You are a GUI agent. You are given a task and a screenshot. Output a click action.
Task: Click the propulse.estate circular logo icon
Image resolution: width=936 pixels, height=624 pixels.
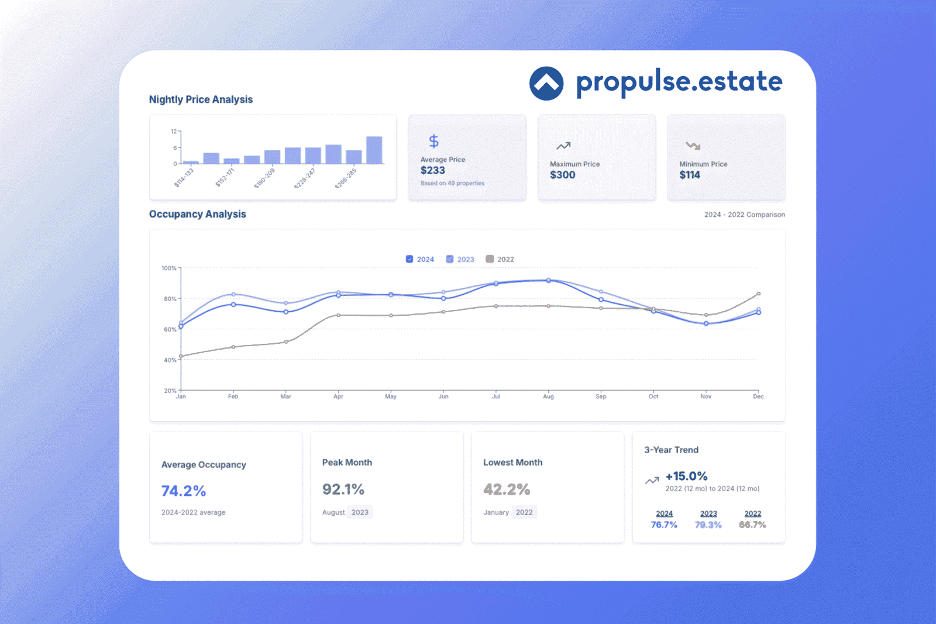(546, 83)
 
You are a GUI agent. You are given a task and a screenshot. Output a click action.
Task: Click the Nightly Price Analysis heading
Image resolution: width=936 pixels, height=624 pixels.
(201, 99)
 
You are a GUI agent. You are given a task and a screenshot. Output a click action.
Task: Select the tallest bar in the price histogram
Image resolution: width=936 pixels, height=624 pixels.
(374, 150)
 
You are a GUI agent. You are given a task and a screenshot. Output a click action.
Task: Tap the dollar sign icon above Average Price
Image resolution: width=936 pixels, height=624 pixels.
(433, 141)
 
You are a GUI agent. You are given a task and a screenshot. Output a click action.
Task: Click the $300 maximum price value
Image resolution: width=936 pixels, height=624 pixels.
(562, 175)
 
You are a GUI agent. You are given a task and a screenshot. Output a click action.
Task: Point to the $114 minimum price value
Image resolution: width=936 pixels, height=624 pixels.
(690, 175)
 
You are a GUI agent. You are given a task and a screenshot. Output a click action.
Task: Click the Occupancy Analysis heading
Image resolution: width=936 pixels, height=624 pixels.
(197, 214)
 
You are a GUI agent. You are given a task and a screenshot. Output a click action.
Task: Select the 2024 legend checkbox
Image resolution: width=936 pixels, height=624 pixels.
(409, 259)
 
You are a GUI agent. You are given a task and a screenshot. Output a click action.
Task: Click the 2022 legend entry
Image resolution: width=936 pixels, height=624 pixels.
(500, 259)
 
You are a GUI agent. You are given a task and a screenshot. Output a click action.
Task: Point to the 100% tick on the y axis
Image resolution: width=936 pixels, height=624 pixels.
(169, 268)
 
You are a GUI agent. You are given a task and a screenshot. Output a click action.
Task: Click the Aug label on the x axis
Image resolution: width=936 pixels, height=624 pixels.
(548, 397)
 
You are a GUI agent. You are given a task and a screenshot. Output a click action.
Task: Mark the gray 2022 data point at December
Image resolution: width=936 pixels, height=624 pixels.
(758, 294)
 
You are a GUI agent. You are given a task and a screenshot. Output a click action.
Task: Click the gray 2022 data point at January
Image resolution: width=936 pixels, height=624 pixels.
(181, 356)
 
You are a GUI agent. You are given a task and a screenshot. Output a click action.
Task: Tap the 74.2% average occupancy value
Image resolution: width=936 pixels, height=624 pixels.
(184, 491)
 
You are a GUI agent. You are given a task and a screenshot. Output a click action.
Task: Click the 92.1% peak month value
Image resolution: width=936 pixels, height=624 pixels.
(343, 489)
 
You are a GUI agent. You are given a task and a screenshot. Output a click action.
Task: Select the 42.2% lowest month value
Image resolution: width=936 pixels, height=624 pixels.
(507, 489)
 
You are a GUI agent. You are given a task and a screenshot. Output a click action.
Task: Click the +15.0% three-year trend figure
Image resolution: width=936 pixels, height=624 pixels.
(686, 476)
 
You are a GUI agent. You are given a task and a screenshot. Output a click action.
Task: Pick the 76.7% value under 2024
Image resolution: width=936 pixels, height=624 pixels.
(664, 525)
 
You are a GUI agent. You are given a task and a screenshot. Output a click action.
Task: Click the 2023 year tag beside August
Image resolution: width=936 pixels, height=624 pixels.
(360, 512)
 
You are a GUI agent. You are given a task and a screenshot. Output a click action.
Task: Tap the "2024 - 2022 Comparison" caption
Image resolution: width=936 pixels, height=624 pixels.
(744, 215)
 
